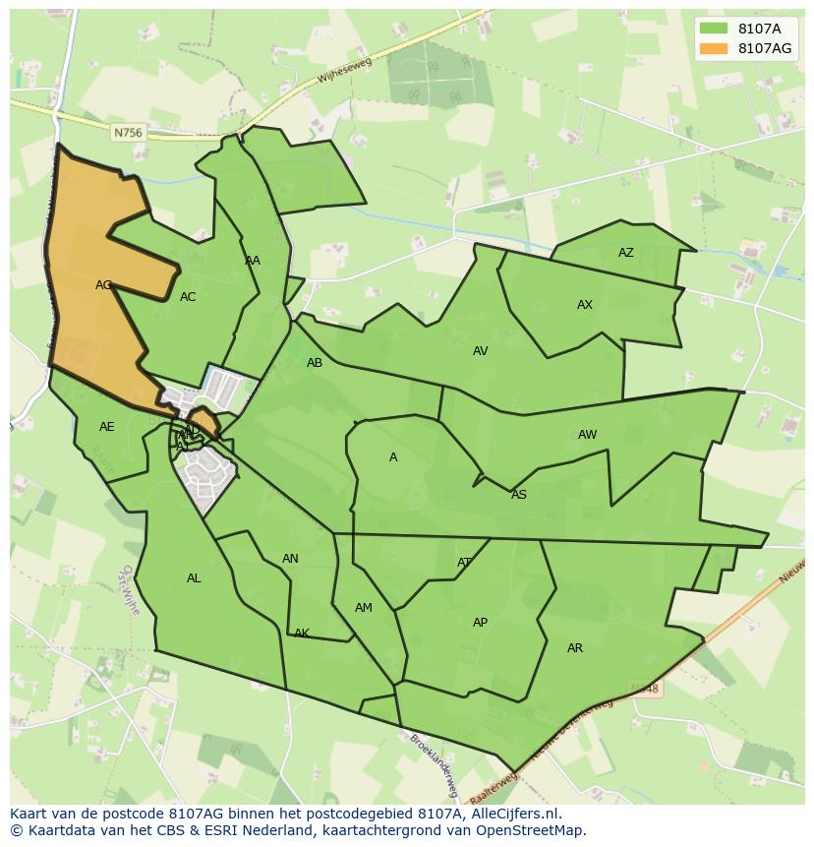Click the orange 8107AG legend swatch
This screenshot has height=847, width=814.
point(714,48)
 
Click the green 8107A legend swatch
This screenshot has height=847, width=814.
point(714,29)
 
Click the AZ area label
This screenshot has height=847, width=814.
point(626,253)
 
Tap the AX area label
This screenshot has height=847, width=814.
point(585,305)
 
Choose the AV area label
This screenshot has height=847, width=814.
point(480,351)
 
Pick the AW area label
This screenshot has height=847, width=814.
point(587,435)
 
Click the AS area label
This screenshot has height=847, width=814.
point(519,495)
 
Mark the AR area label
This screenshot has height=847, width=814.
point(575,648)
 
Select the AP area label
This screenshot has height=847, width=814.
point(480,623)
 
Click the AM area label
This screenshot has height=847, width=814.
point(364,608)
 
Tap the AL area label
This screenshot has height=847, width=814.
point(194,578)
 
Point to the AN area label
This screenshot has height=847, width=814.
point(290,559)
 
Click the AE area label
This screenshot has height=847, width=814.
point(107,427)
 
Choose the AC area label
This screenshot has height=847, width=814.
point(188,297)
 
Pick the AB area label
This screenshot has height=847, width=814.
point(315,363)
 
